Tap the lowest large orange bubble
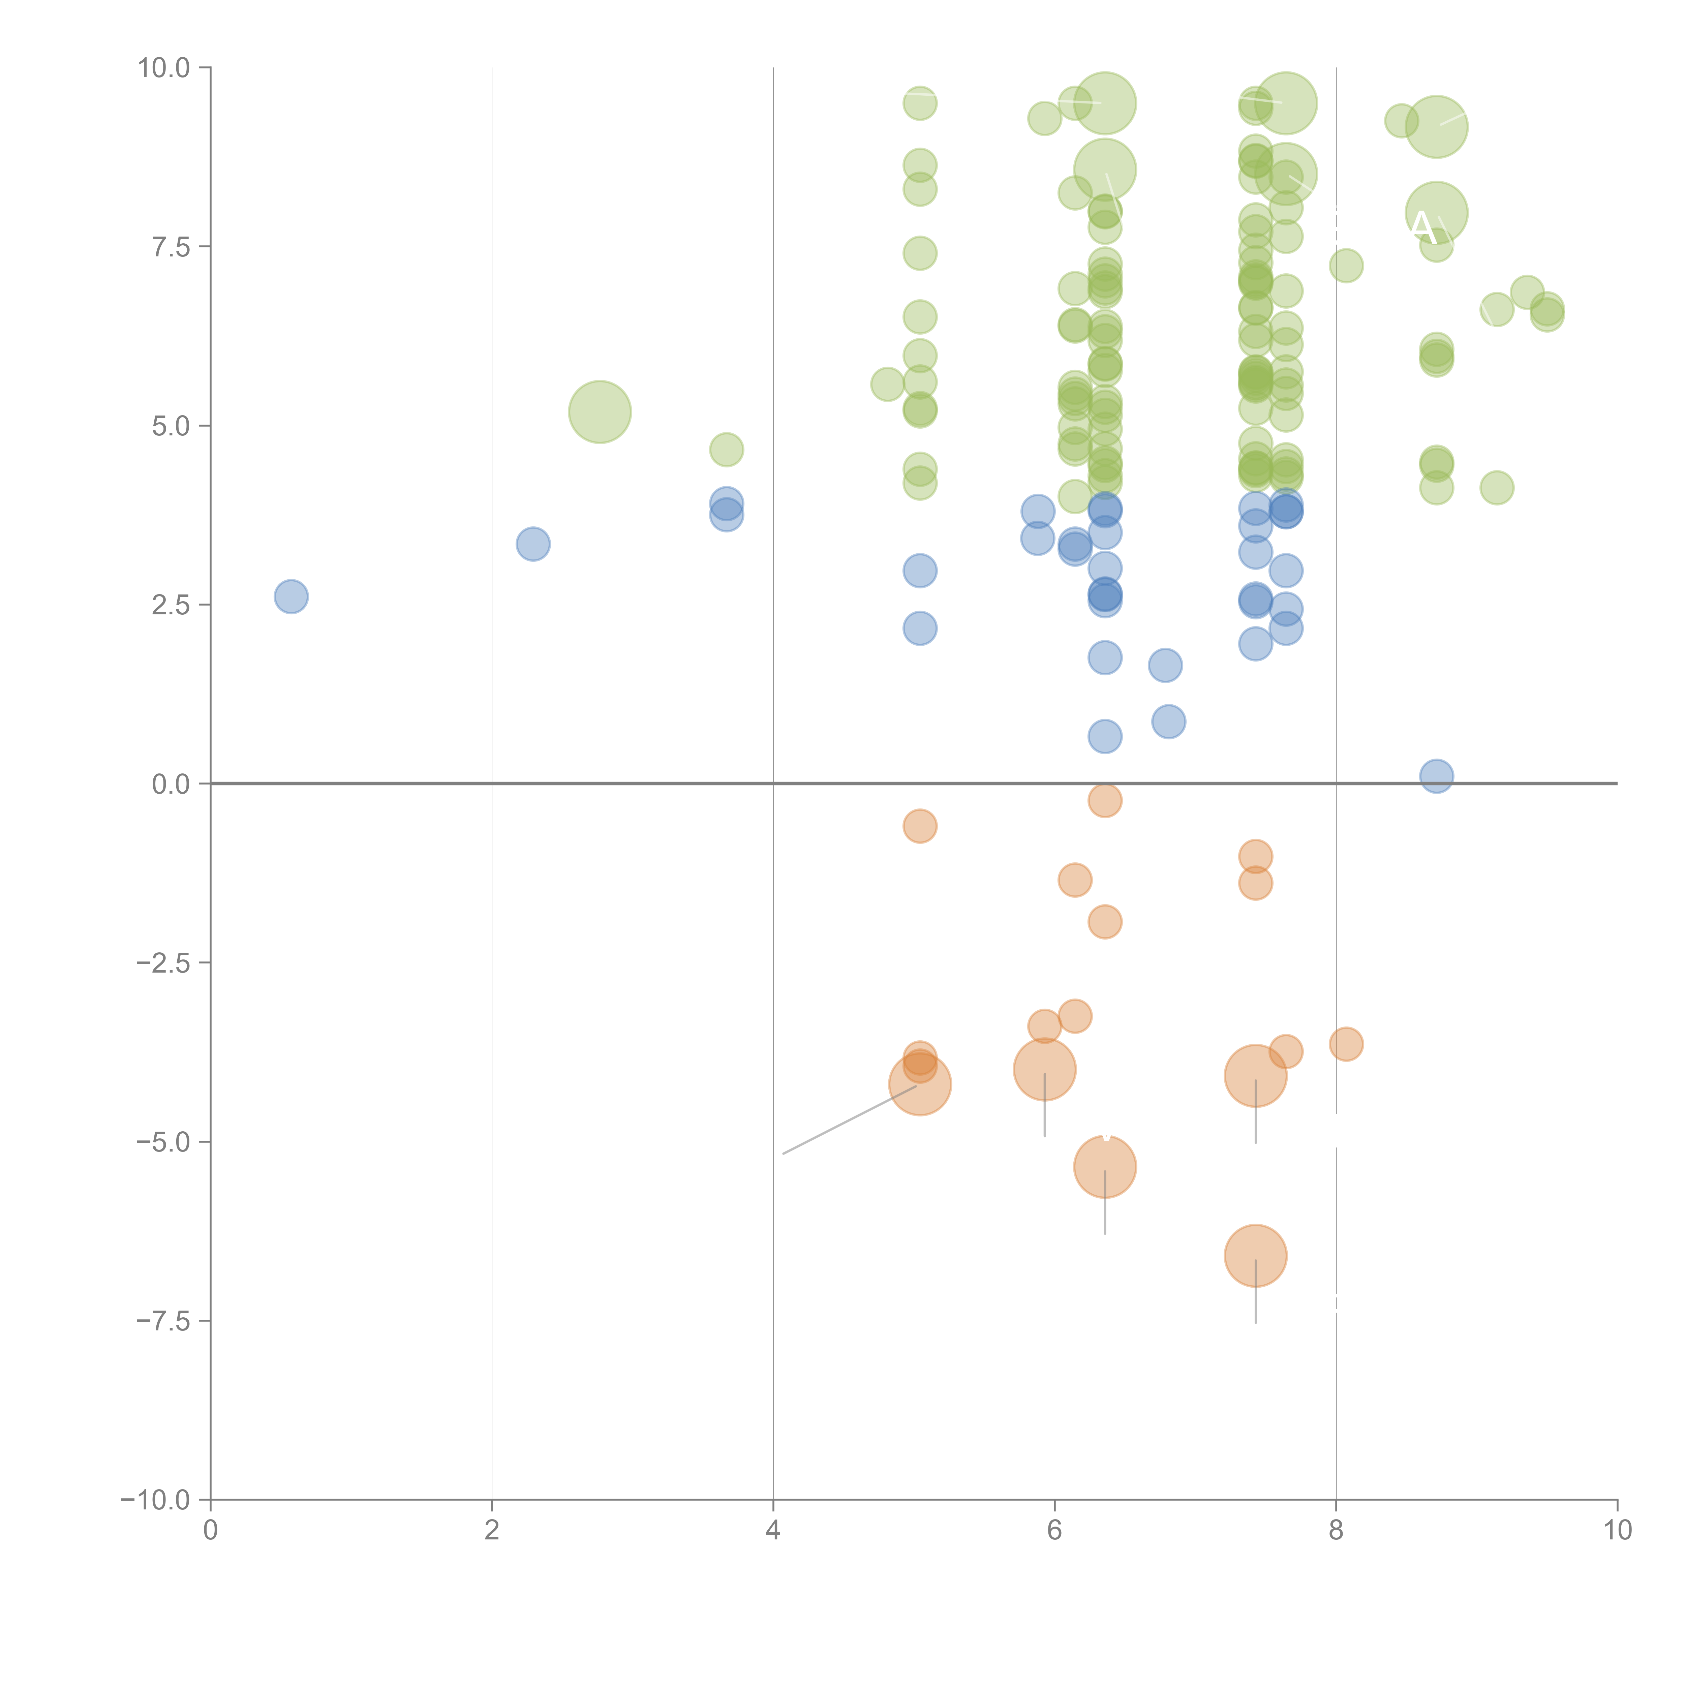[x=1255, y=1256]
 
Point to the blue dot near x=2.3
[x=533, y=544]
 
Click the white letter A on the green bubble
[x=1421, y=228]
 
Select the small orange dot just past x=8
[x=1346, y=1044]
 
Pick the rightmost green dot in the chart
[x=1547, y=312]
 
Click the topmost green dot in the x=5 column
[x=919, y=103]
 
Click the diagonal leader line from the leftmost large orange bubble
[x=850, y=1120]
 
